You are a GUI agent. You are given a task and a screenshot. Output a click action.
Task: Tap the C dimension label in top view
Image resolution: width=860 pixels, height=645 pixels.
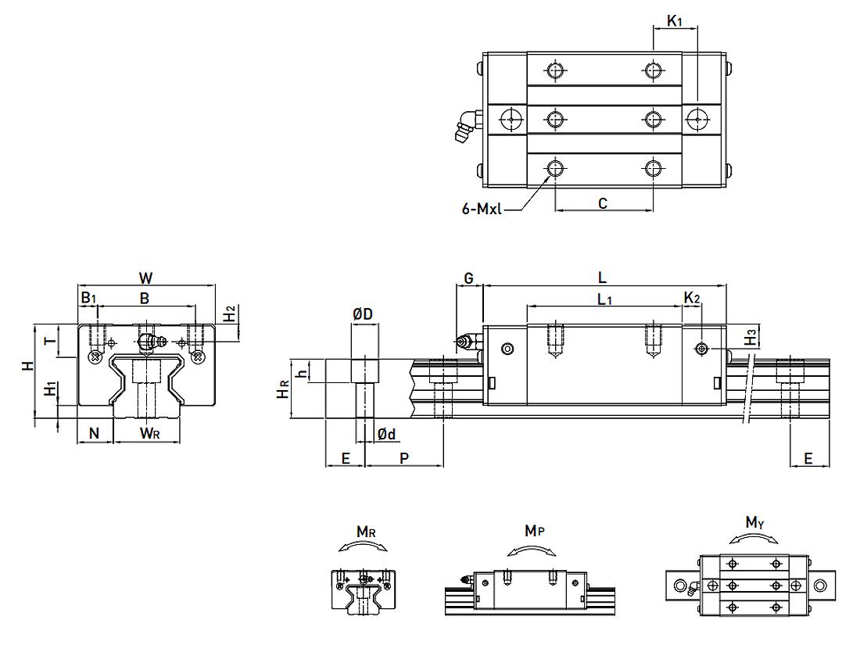603,203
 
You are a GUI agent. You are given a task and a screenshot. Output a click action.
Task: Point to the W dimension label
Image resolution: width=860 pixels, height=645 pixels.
145,278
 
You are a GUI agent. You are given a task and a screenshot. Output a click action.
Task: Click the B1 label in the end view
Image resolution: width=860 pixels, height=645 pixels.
88,298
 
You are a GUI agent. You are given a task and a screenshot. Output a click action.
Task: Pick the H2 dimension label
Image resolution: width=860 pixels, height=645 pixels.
229,314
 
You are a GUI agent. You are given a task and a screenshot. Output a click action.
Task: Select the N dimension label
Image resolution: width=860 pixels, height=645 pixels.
95,433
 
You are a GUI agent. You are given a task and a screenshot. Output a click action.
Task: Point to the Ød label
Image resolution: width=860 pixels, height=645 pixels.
386,434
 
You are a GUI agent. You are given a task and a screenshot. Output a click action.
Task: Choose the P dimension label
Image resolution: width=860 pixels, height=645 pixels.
403,458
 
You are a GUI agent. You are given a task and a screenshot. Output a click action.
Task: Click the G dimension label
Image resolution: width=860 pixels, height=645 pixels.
469,278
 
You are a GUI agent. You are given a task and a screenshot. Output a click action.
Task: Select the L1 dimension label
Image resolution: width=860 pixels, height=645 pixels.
604,299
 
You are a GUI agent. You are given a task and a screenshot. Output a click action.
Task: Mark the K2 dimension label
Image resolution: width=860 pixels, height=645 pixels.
692,298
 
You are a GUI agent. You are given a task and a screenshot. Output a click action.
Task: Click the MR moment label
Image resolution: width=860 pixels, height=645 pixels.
366,532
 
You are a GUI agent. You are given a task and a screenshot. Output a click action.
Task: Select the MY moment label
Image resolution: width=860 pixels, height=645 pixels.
754,521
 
